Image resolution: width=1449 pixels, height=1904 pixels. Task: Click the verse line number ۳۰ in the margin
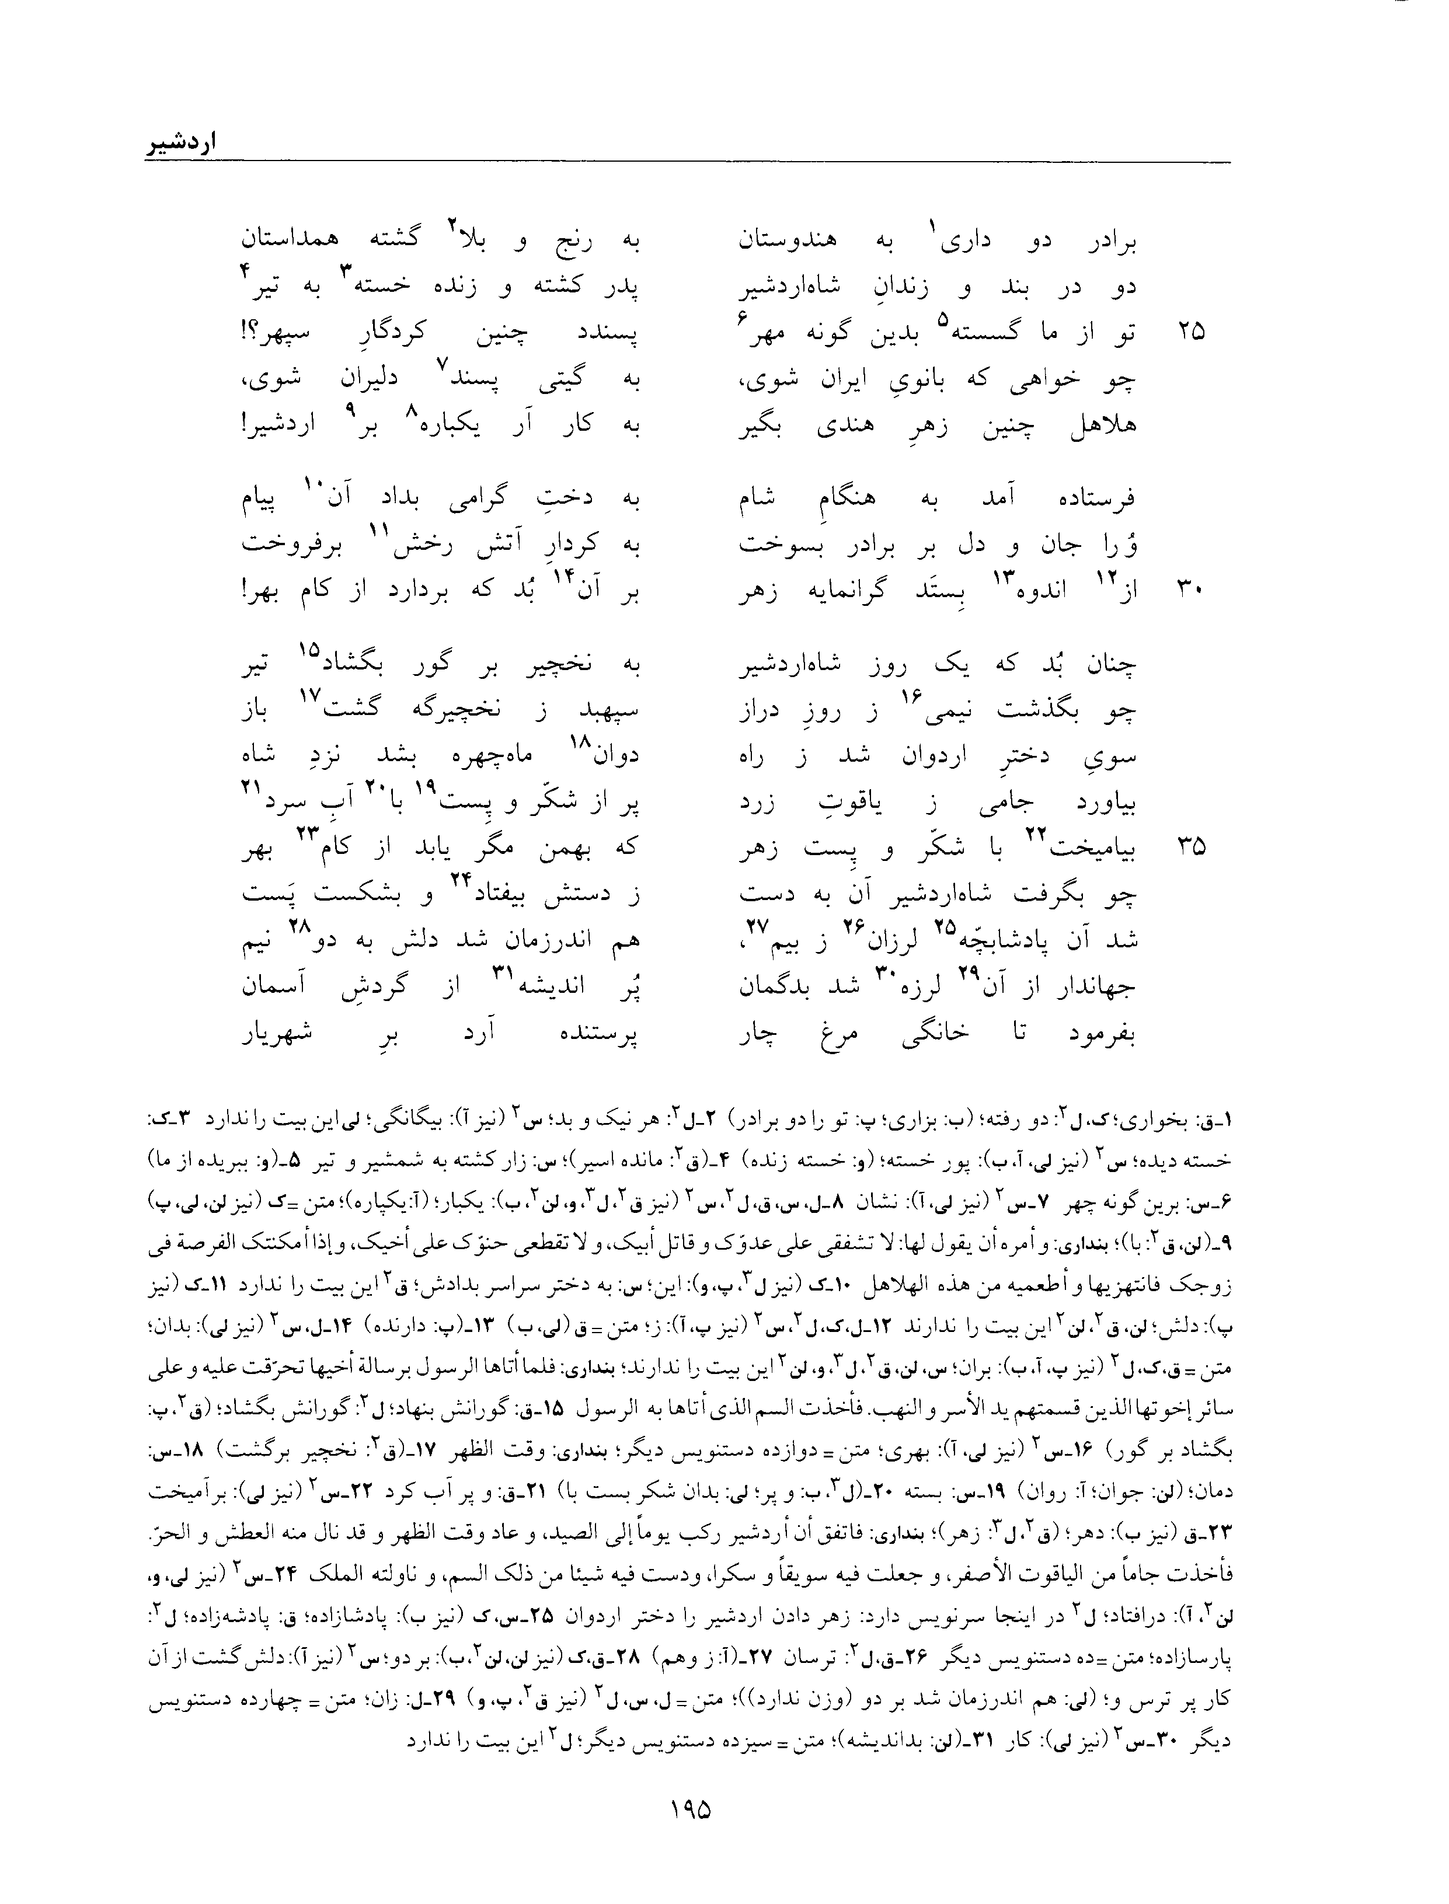point(1190,590)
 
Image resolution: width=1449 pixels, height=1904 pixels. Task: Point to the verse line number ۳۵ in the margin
point(1190,848)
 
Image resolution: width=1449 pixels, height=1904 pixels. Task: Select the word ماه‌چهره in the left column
point(497,756)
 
